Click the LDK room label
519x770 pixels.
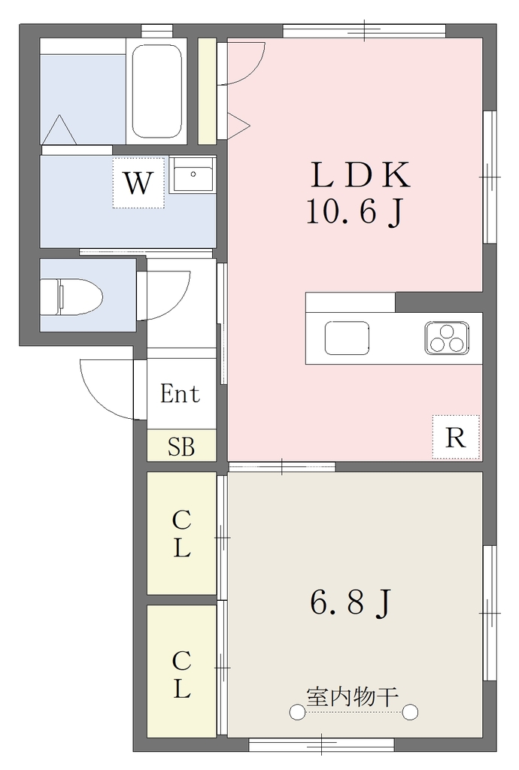click(x=360, y=175)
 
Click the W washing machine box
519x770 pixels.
click(x=138, y=183)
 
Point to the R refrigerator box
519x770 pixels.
click(x=456, y=437)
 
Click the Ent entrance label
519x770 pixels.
click(x=181, y=394)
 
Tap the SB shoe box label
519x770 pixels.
click(x=181, y=447)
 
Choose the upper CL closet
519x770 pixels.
click(x=182, y=533)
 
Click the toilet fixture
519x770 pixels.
click(x=71, y=296)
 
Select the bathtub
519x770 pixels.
click(x=157, y=92)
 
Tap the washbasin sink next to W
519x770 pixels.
click(x=192, y=174)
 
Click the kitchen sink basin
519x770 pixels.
click(x=347, y=338)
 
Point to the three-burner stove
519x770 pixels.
click(x=447, y=338)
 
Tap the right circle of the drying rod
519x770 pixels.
click(x=410, y=711)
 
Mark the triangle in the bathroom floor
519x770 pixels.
click(x=62, y=129)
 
